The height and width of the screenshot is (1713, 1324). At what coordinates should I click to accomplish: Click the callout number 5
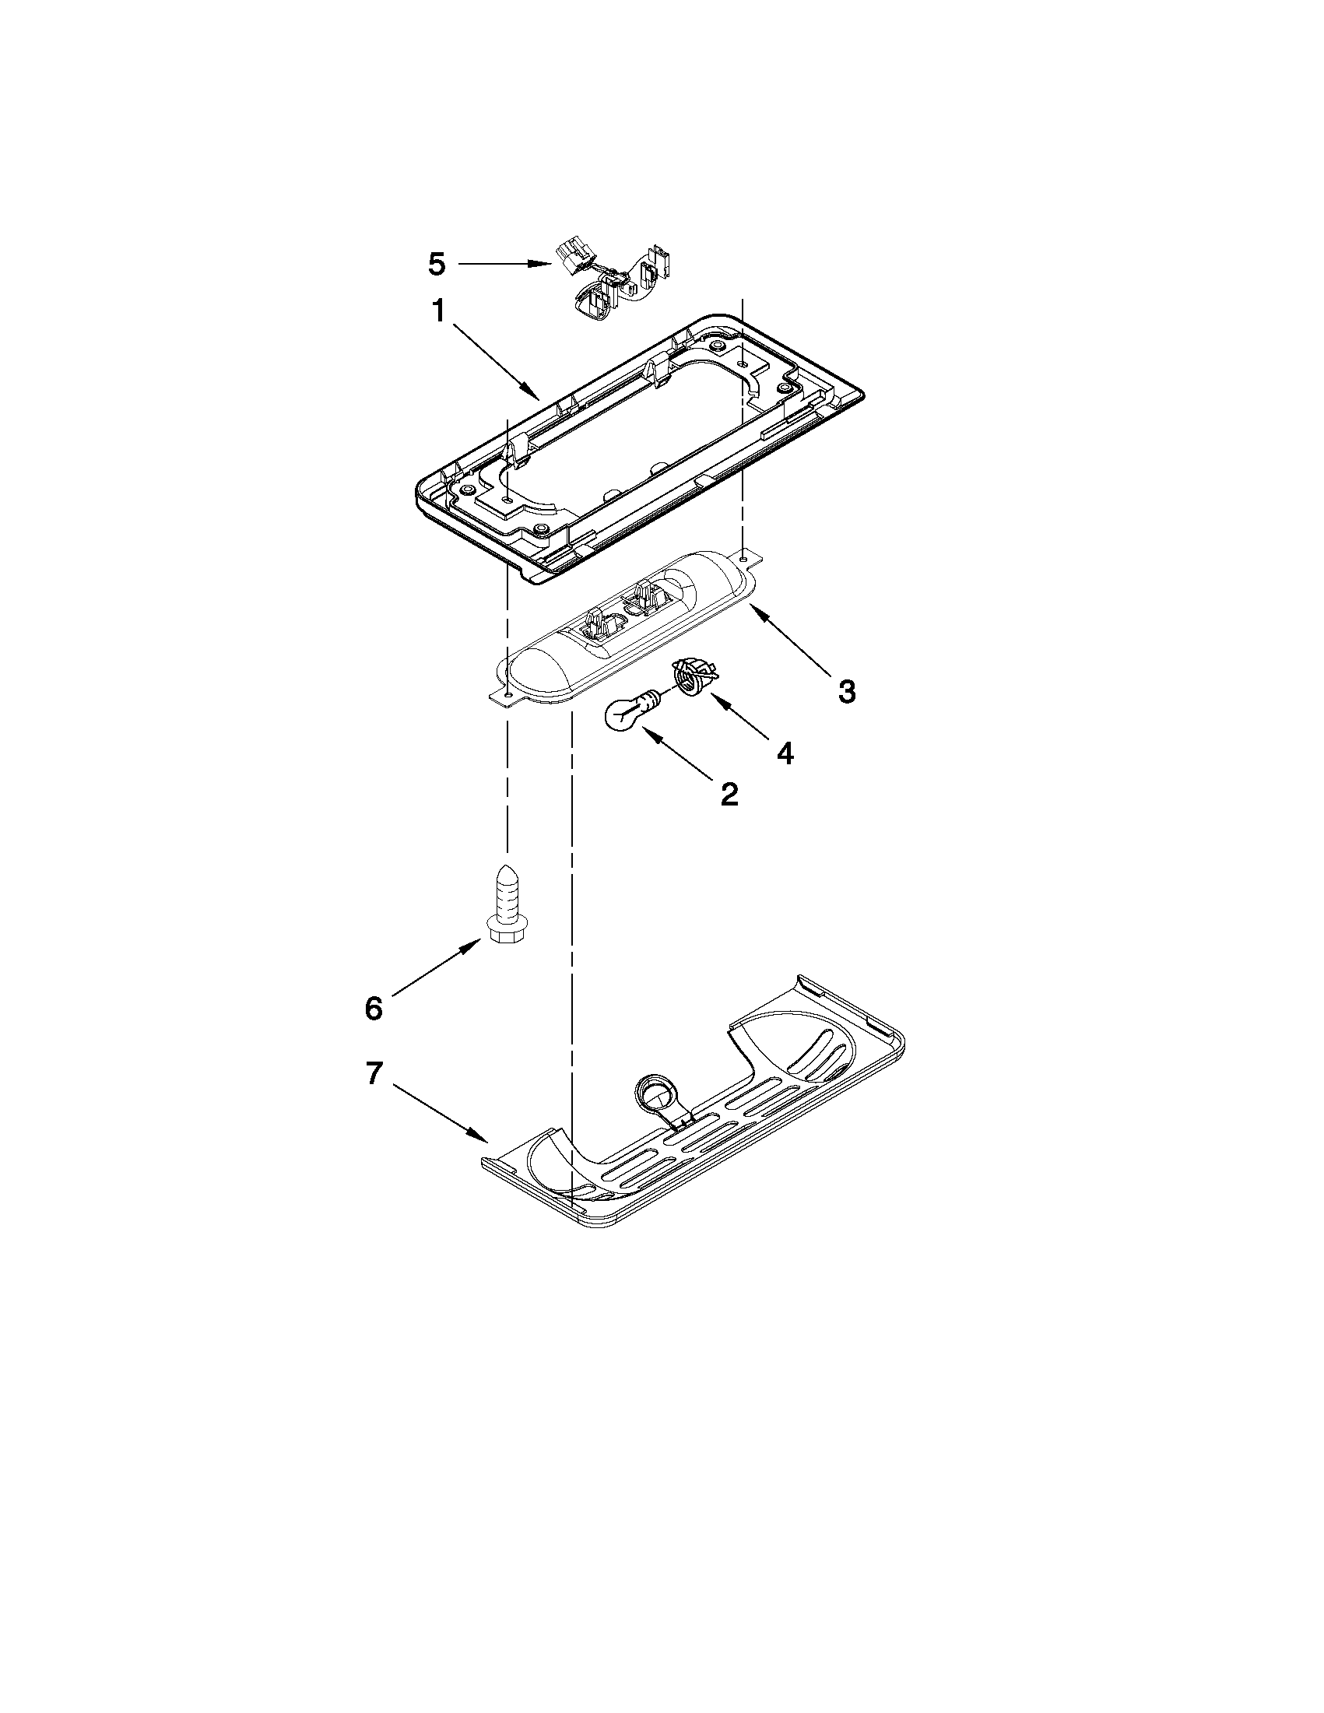tap(437, 265)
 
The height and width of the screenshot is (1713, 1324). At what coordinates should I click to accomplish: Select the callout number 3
tap(846, 691)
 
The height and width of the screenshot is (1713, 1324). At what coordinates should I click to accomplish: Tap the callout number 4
tap(785, 753)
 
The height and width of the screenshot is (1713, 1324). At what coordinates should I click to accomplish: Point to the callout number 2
tap(729, 795)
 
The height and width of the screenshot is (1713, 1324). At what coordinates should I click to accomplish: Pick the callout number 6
tap(374, 1008)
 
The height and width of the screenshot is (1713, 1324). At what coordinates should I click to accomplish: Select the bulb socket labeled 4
tap(688, 676)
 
